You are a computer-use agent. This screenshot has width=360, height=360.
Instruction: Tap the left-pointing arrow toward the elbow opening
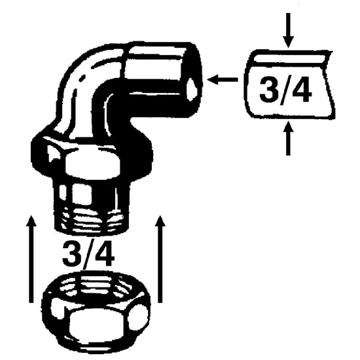(x=223, y=79)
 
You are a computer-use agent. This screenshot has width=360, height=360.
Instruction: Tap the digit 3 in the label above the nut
(x=73, y=253)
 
